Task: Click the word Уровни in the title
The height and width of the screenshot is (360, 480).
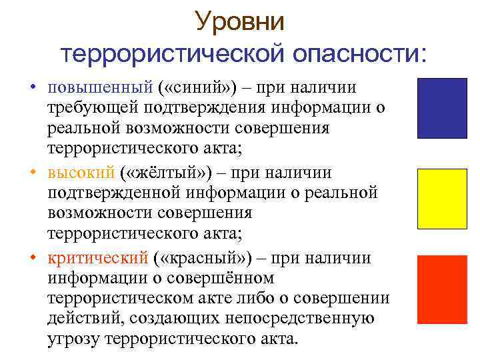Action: (x=239, y=22)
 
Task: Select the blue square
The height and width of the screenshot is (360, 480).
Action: (x=442, y=108)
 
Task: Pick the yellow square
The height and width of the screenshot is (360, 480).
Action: (x=442, y=199)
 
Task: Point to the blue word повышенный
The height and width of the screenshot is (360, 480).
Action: (x=100, y=88)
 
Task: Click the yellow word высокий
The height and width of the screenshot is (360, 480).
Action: (x=81, y=173)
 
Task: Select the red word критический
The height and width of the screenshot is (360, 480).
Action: (x=97, y=259)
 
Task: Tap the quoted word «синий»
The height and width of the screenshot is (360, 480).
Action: (x=193, y=88)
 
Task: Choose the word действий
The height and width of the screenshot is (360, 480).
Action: (x=81, y=318)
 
